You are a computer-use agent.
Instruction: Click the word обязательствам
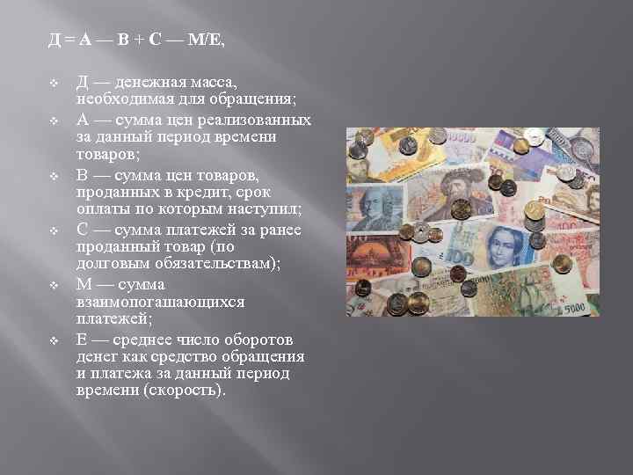212,265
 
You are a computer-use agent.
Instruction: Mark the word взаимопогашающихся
161,302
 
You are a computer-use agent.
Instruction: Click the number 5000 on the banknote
575,307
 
